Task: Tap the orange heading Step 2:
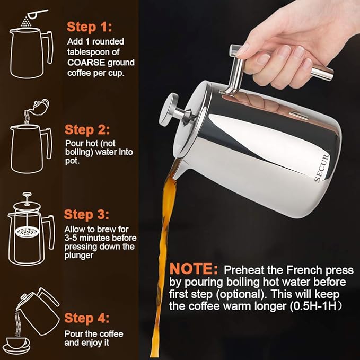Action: coord(87,129)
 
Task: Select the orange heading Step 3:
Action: coord(87,215)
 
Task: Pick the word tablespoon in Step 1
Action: coord(86,52)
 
